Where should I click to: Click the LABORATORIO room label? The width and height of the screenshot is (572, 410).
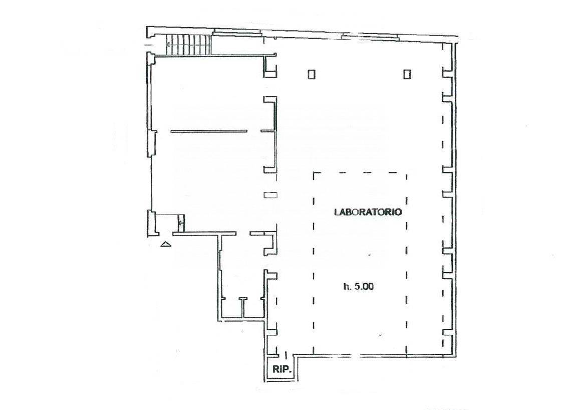point(368,212)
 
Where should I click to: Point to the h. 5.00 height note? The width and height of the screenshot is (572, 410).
point(358,287)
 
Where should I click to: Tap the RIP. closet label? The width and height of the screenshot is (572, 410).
point(282,369)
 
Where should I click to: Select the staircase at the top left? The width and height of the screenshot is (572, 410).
point(189,45)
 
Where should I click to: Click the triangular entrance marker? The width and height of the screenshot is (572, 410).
point(166,244)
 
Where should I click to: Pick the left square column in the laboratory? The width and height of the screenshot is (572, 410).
point(312,74)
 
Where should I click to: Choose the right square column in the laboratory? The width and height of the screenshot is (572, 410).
point(407,74)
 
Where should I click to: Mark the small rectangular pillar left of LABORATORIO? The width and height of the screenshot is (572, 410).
point(270,195)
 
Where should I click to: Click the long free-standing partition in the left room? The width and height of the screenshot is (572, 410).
point(209,131)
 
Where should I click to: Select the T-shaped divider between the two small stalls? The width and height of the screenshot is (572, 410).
point(243,307)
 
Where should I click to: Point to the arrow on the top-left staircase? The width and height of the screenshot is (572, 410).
point(169,44)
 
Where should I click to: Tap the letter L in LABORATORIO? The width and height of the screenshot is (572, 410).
point(337,212)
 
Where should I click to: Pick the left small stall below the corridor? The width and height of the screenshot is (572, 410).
point(231,308)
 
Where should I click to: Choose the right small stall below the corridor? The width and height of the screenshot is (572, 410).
point(254,308)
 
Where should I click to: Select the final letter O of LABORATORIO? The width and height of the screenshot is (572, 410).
point(399,212)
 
